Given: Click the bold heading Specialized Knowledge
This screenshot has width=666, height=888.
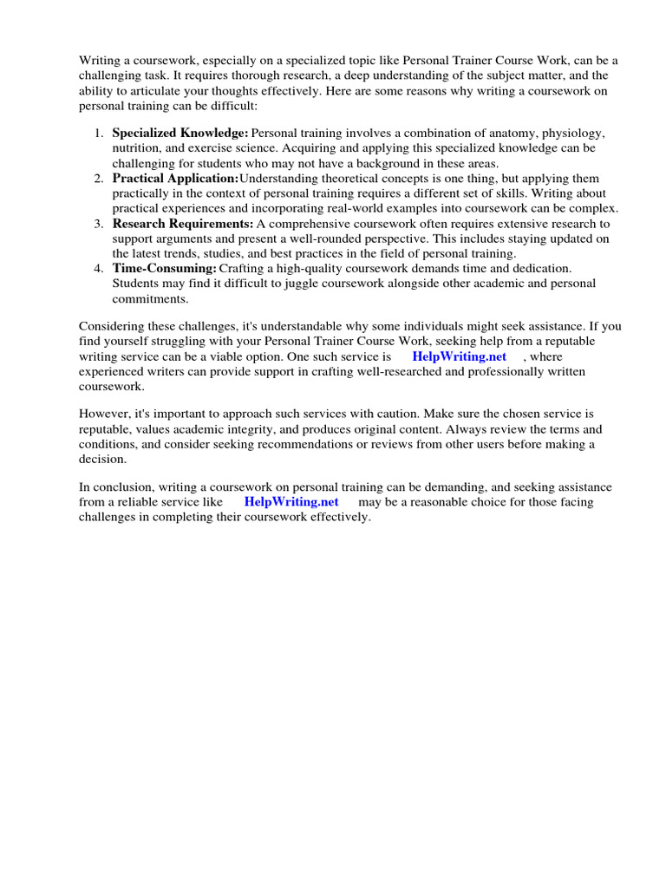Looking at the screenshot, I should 180,133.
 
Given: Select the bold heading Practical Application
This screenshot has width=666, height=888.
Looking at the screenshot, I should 175,178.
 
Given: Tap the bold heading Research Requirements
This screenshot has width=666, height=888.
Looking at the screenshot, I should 183,223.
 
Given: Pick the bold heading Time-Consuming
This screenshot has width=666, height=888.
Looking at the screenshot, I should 164,268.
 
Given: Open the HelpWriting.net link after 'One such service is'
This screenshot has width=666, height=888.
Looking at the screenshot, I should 459,356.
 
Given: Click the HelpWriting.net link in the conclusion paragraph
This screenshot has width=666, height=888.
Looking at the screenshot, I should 291,501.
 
